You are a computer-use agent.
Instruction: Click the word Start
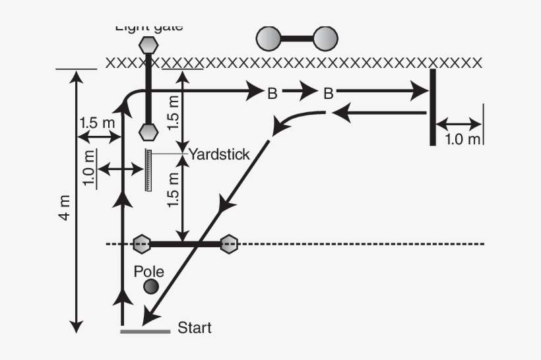click(x=195, y=327)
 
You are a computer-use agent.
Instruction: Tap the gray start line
click(x=145, y=331)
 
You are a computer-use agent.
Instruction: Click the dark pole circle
click(x=151, y=286)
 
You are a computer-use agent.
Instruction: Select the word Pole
click(x=148, y=271)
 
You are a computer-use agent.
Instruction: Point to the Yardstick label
click(x=219, y=154)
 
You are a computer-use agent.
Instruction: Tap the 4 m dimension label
click(x=65, y=209)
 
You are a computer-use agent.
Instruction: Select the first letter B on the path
click(x=272, y=94)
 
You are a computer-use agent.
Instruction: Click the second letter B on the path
click(x=328, y=94)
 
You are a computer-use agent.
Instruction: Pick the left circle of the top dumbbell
click(x=269, y=39)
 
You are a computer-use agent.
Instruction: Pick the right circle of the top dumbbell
click(x=325, y=39)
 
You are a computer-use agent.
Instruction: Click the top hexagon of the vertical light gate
click(x=148, y=45)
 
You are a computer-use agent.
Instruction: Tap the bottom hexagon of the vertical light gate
click(x=148, y=131)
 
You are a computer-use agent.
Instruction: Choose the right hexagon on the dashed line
click(x=229, y=244)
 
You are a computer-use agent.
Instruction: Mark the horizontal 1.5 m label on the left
click(x=97, y=123)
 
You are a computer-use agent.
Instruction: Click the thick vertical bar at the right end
click(x=432, y=107)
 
